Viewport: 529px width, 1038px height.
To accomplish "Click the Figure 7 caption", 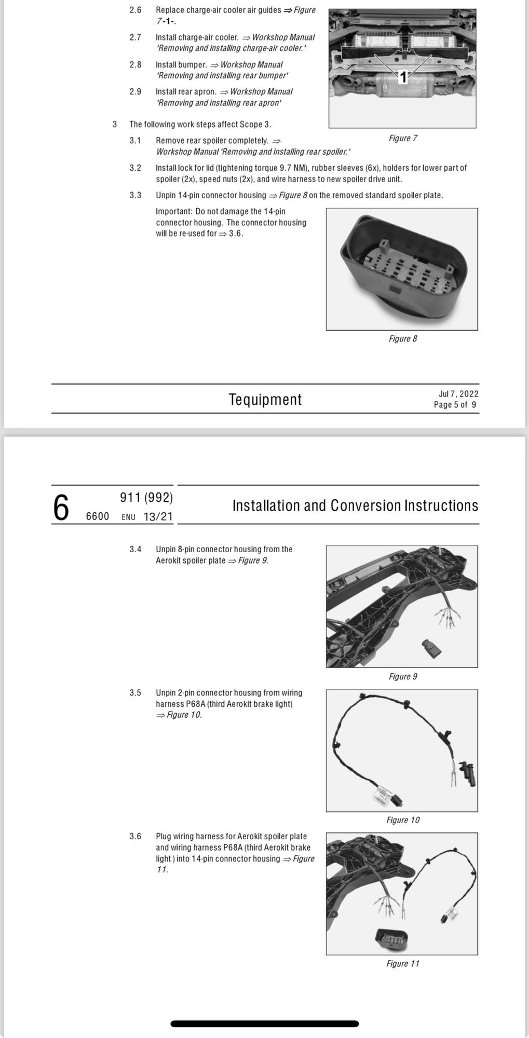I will (403, 138).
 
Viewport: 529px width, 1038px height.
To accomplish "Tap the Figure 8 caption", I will (403, 338).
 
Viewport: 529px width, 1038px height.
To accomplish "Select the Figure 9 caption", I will (403, 676).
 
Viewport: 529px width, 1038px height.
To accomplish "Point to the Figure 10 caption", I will (403, 820).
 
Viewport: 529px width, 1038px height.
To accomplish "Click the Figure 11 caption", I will (403, 964).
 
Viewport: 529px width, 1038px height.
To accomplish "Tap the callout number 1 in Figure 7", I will (402, 78).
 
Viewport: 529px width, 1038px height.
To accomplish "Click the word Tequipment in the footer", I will (265, 399).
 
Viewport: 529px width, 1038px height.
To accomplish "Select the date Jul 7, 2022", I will (458, 394).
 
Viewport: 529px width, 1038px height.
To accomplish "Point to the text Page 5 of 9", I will (455, 405).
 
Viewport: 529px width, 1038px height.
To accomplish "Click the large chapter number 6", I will (61, 508).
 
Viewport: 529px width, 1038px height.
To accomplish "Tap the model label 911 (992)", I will (146, 498).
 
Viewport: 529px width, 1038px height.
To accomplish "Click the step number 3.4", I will (135, 549).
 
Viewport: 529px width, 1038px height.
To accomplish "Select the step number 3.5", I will (135, 693).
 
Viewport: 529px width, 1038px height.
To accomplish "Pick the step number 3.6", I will (135, 836).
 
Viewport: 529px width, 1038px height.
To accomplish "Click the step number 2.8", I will (135, 65).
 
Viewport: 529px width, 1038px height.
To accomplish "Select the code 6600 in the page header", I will (97, 516).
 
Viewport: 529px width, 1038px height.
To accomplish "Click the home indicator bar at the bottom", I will (265, 1024).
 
